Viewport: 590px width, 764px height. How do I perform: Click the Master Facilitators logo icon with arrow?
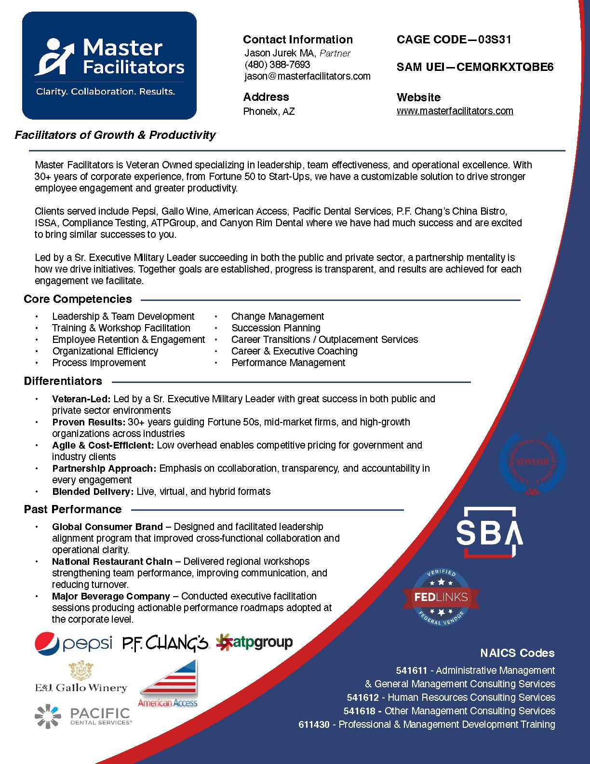(x=54, y=56)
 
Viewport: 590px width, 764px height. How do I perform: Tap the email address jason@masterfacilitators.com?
(x=307, y=76)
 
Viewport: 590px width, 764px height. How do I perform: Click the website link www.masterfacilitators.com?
(x=455, y=111)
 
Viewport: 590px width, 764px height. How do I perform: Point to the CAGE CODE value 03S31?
(x=495, y=40)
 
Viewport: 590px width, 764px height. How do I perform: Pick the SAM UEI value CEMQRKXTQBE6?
(x=505, y=67)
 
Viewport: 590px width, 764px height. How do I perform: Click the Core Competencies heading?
(x=78, y=299)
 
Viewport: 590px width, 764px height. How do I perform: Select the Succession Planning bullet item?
(x=276, y=328)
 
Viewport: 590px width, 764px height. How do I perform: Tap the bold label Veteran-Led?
(x=81, y=399)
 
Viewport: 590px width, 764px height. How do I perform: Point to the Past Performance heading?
(x=73, y=509)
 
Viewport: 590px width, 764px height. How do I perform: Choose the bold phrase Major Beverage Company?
(x=111, y=596)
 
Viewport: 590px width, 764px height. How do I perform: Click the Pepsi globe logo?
(x=47, y=643)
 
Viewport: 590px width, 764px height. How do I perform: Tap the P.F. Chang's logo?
(x=165, y=643)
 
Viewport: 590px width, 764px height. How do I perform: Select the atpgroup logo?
(x=254, y=642)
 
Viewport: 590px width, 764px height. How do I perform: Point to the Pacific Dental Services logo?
(x=82, y=716)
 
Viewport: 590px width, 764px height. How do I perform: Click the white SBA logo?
(x=489, y=532)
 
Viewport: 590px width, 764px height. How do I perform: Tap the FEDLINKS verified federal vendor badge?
(x=441, y=597)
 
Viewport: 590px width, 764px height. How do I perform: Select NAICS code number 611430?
(x=314, y=724)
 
